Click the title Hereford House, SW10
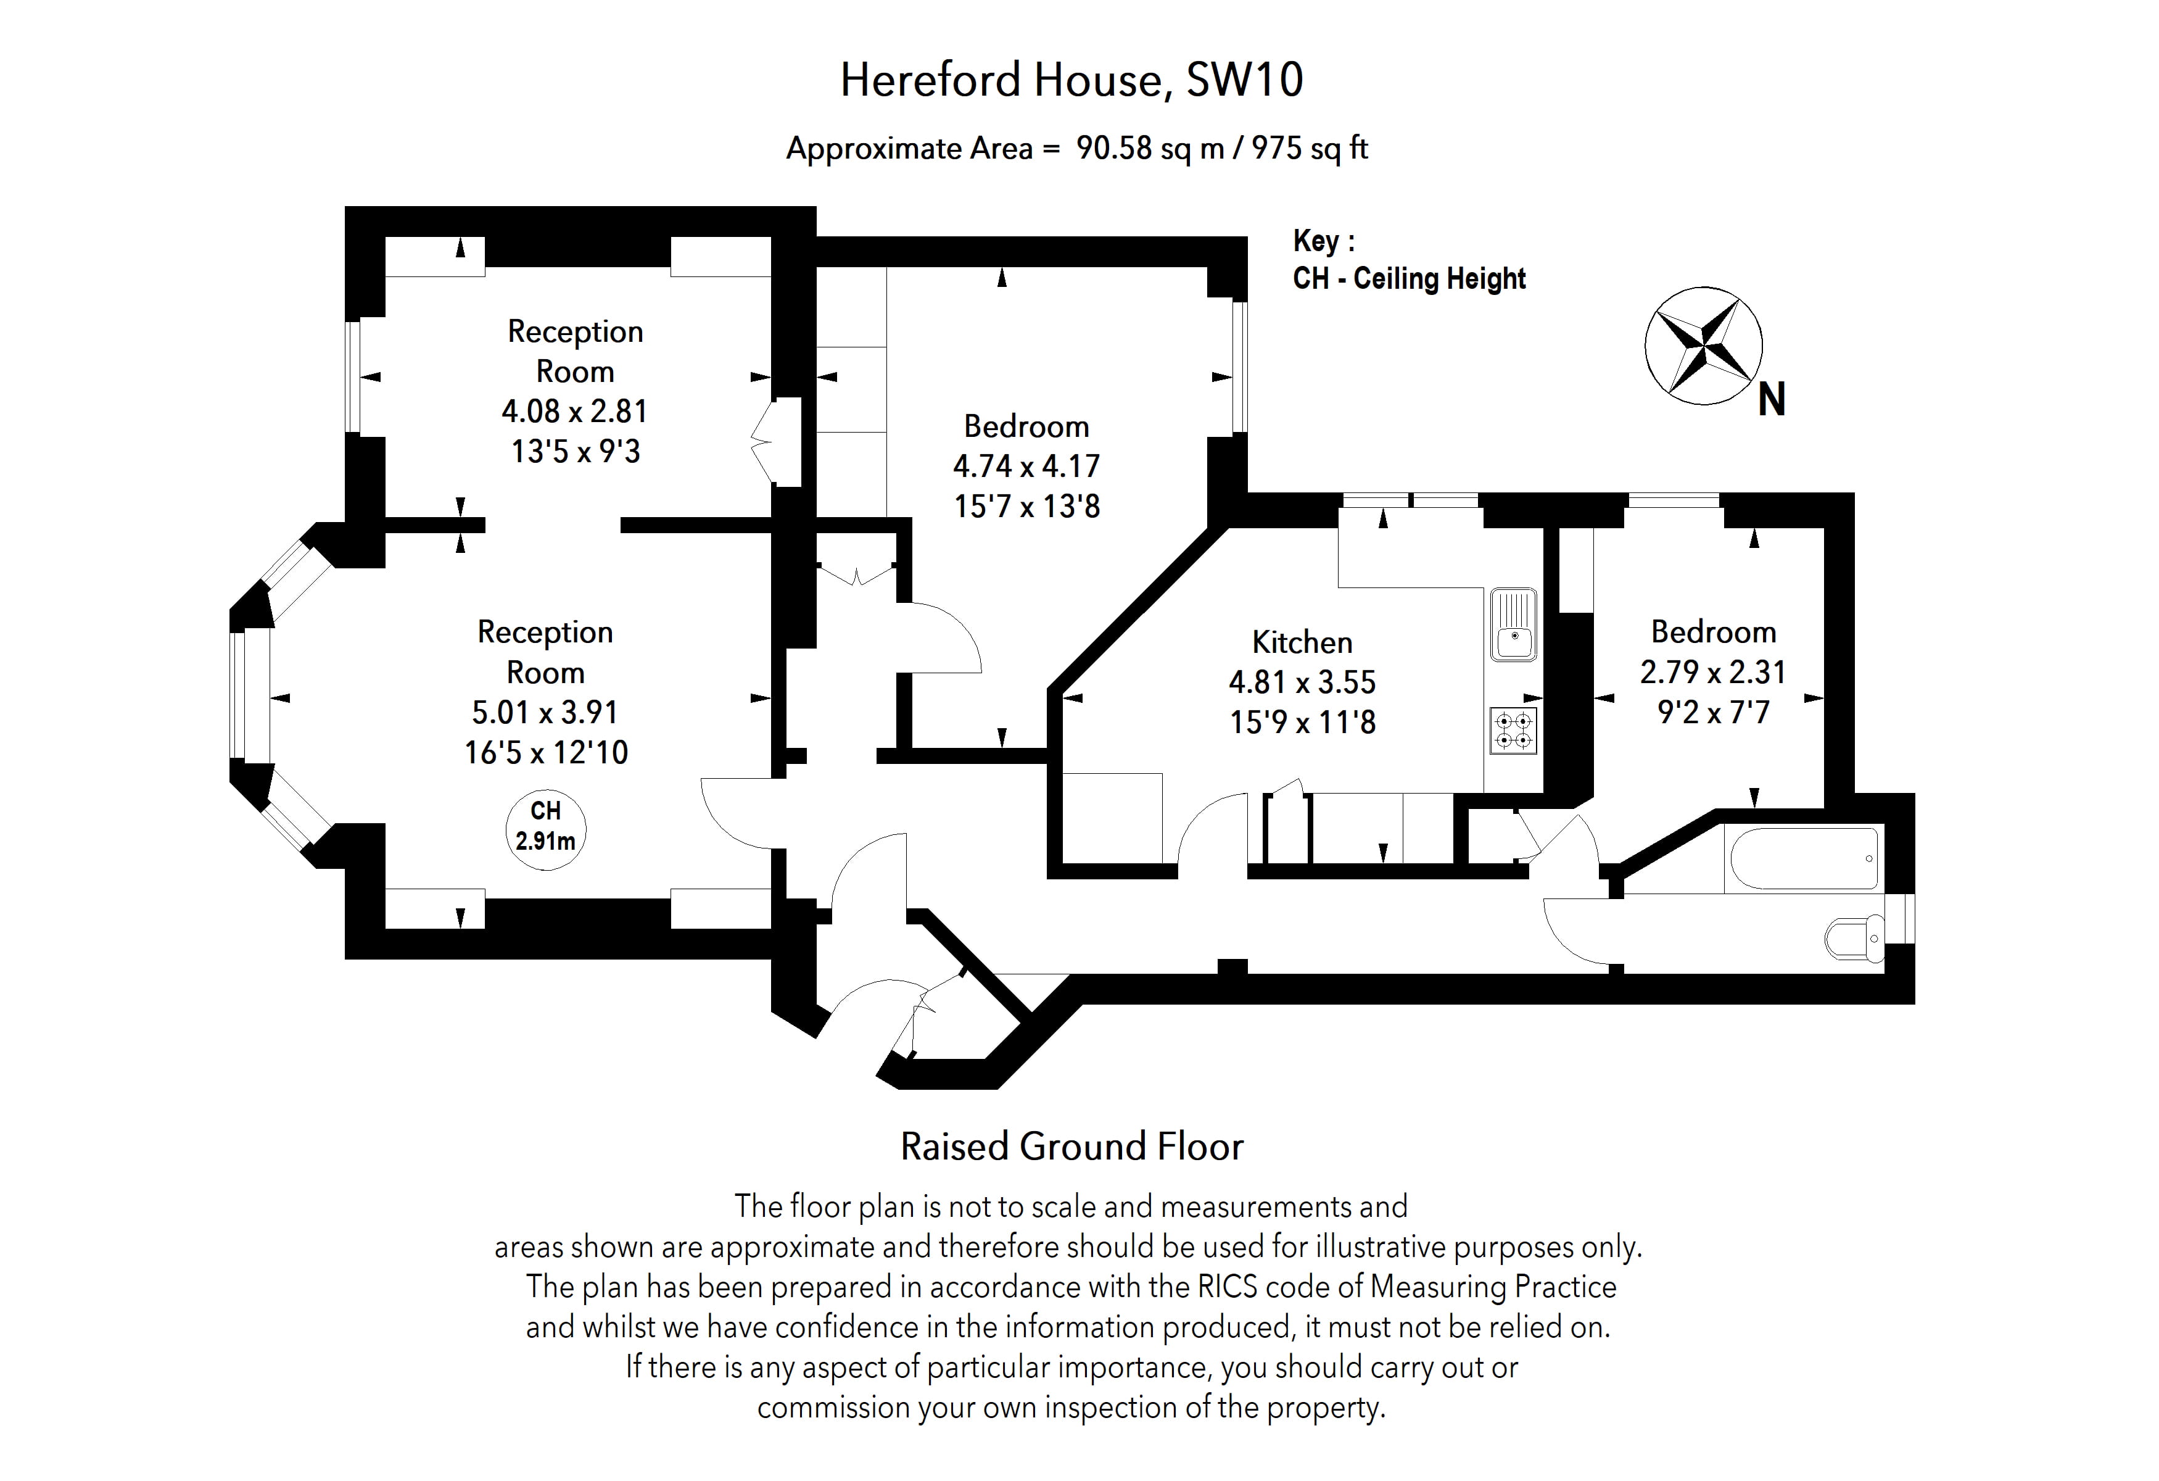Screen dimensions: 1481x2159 pyautogui.click(x=1071, y=80)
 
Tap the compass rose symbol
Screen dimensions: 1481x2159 pyautogui.click(x=1703, y=346)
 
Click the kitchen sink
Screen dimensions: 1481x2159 pyautogui.click(x=1513, y=624)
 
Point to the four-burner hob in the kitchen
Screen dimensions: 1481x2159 pyautogui.click(x=1513, y=729)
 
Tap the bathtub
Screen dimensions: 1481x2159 pyautogui.click(x=1802, y=858)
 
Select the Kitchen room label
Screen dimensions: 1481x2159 pyautogui.click(x=1302, y=642)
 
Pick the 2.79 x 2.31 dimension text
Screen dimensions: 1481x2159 pyautogui.click(x=1712, y=672)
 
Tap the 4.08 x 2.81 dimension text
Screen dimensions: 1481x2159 pyautogui.click(x=574, y=410)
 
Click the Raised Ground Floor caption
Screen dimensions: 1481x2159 pyautogui.click(x=1071, y=1147)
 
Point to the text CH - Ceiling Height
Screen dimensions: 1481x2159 pyautogui.click(x=1408, y=279)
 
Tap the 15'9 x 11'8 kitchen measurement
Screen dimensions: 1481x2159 pyautogui.click(x=1302, y=722)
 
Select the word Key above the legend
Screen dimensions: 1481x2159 pyautogui.click(x=1316, y=241)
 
